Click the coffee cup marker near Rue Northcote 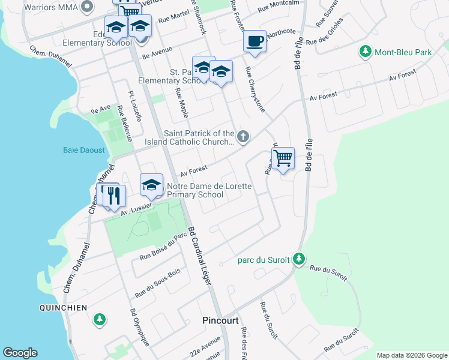(x=255, y=41)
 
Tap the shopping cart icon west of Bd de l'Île (x=283, y=158)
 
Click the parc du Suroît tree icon (x=298, y=260)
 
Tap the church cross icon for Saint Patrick (x=243, y=137)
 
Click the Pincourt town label (x=221, y=320)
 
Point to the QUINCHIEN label (x=63, y=308)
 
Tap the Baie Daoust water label (x=85, y=150)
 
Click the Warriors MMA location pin (x=88, y=7)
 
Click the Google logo (x=20, y=353)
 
